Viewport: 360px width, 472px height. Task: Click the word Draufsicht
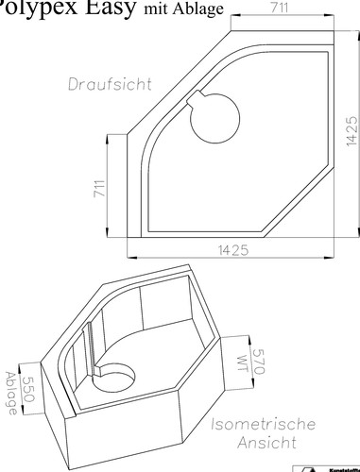[110, 83]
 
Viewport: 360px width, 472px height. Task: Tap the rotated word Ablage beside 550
[10, 389]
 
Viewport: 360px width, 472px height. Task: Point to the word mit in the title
[159, 10]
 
